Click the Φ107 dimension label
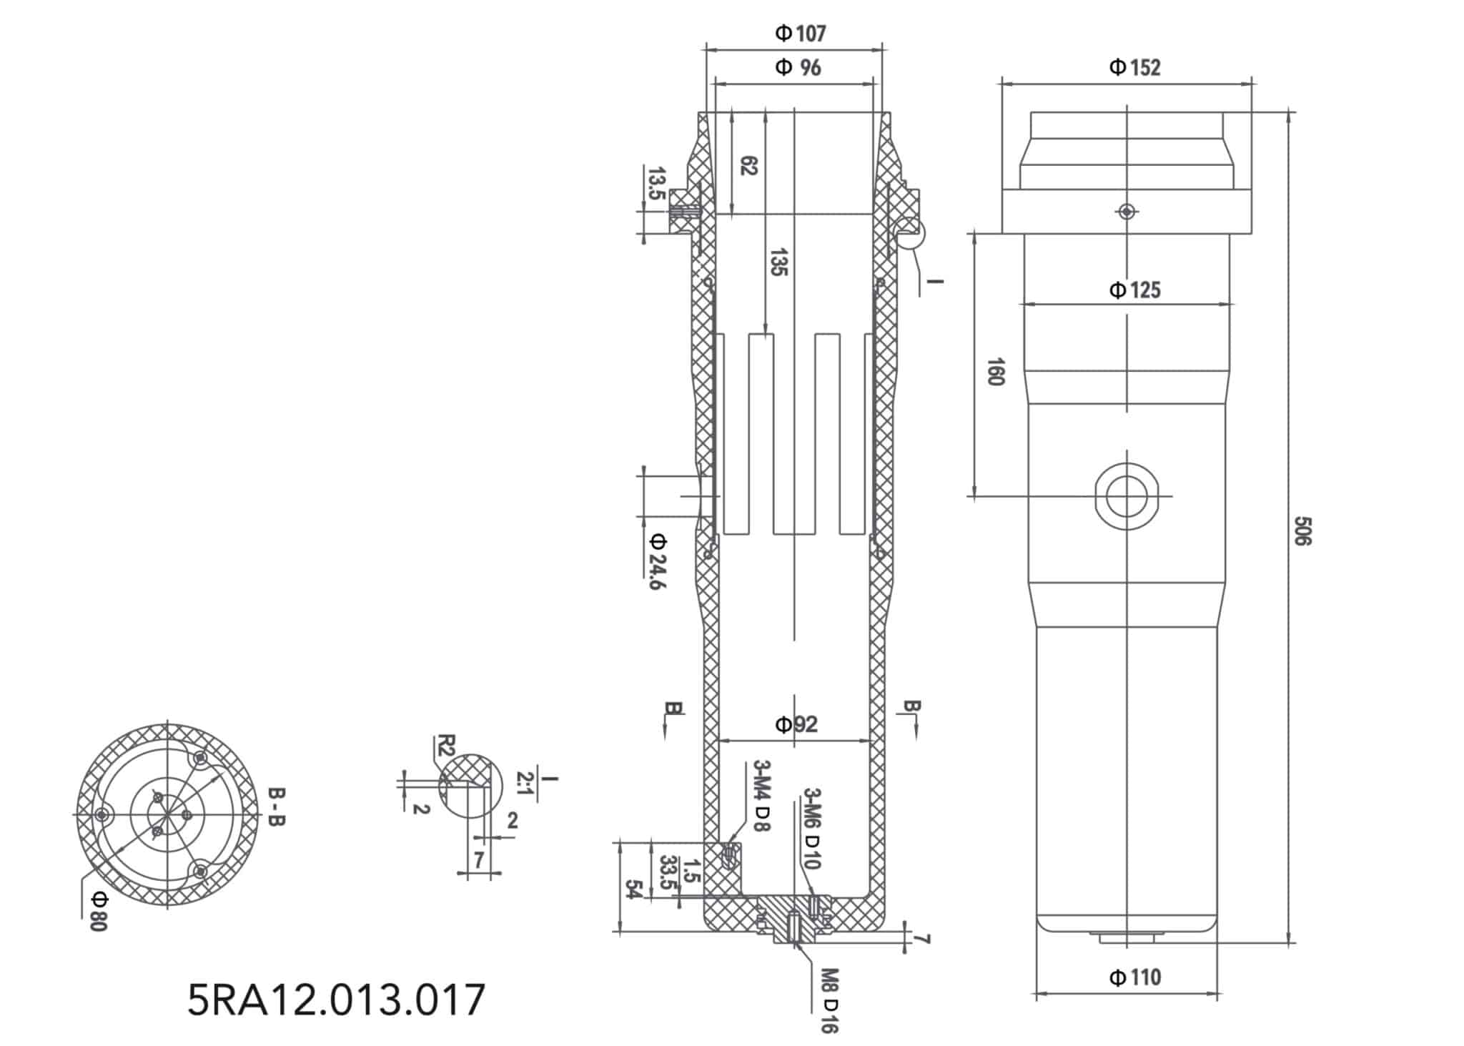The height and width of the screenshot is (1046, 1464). point(800,34)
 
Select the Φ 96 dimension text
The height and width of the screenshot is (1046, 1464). point(798,68)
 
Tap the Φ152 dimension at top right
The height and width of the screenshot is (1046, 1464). point(1134,68)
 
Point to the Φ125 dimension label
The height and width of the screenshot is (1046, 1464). point(1134,290)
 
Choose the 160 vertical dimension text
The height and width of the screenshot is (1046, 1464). point(995,372)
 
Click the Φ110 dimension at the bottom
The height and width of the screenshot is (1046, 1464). point(1134,977)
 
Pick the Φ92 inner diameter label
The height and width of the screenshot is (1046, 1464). point(796,725)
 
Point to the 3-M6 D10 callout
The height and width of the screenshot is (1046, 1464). point(812,828)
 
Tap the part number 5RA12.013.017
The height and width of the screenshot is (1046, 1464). point(336,1000)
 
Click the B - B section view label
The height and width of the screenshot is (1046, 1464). point(276,807)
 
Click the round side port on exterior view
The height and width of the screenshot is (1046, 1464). point(1126,495)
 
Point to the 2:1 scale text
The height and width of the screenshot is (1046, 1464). point(523,784)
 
